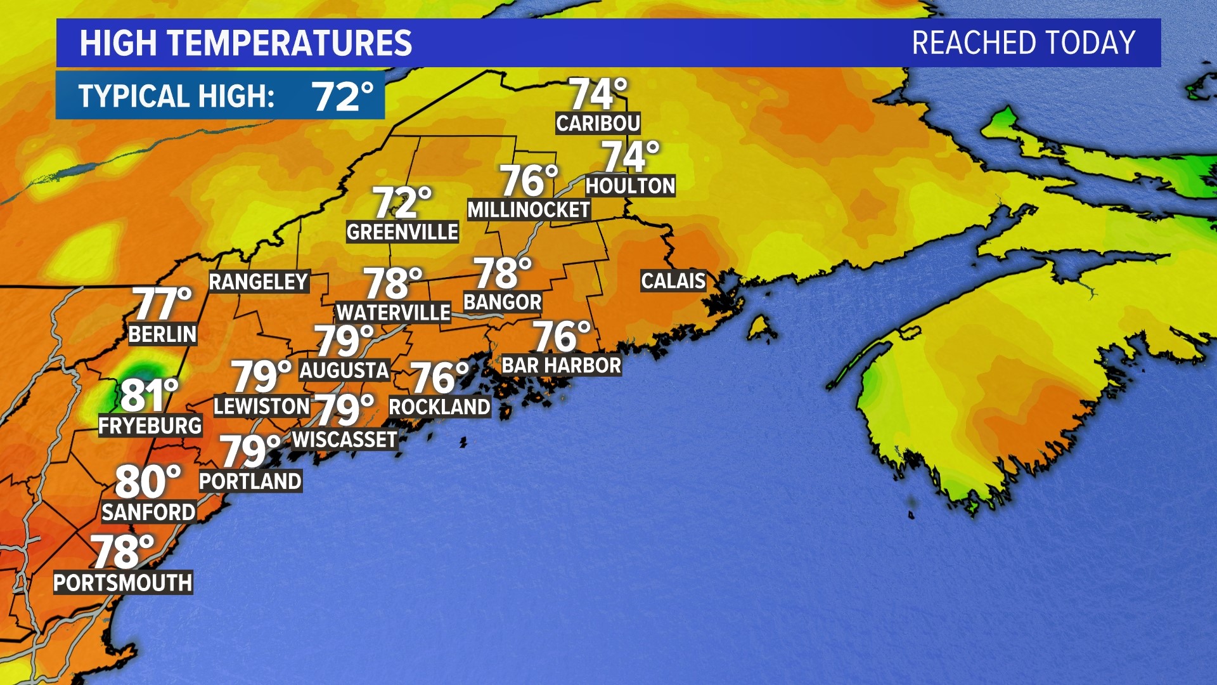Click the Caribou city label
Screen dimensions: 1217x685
(x=598, y=123)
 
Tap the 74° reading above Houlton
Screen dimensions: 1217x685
(x=630, y=157)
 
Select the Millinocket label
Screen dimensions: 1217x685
(x=529, y=210)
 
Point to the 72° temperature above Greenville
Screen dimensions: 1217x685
(x=402, y=203)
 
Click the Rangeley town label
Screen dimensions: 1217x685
(x=259, y=282)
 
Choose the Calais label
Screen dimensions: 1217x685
(x=673, y=280)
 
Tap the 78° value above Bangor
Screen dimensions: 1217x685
(x=502, y=273)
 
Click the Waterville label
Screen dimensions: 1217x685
(x=393, y=312)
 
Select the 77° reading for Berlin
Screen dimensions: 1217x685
(x=162, y=304)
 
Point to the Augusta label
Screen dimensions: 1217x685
(x=344, y=370)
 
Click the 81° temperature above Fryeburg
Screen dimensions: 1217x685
(x=149, y=395)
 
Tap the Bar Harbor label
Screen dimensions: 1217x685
(x=561, y=365)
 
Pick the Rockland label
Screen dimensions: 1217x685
(x=439, y=407)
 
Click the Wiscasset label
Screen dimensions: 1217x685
(x=345, y=440)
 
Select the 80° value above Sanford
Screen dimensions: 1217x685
(x=148, y=482)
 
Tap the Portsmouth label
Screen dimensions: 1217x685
(x=122, y=582)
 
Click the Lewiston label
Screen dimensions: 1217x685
(x=261, y=406)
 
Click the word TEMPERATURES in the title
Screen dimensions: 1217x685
(x=290, y=43)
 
